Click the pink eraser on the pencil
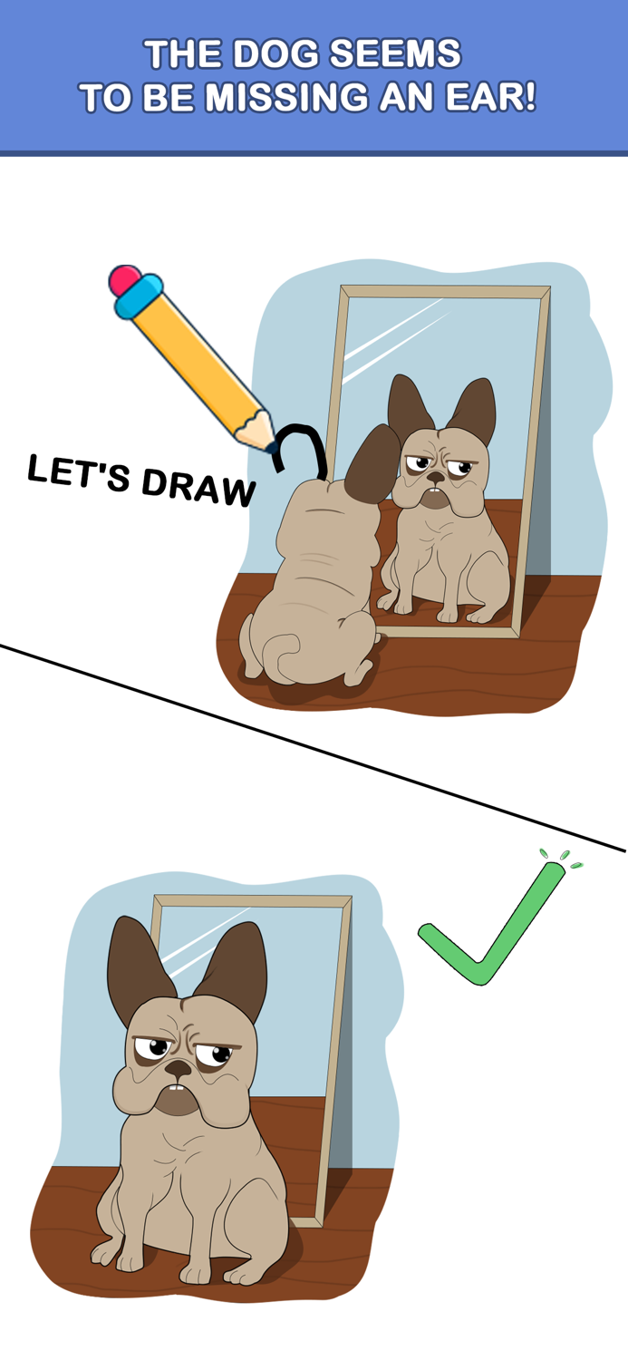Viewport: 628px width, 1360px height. pyautogui.click(x=124, y=279)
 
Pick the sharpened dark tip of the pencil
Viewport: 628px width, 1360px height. pyautogui.click(x=271, y=447)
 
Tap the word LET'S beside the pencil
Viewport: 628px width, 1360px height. pyautogui.click(x=79, y=472)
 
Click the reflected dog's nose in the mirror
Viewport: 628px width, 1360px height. pyautogui.click(x=437, y=477)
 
